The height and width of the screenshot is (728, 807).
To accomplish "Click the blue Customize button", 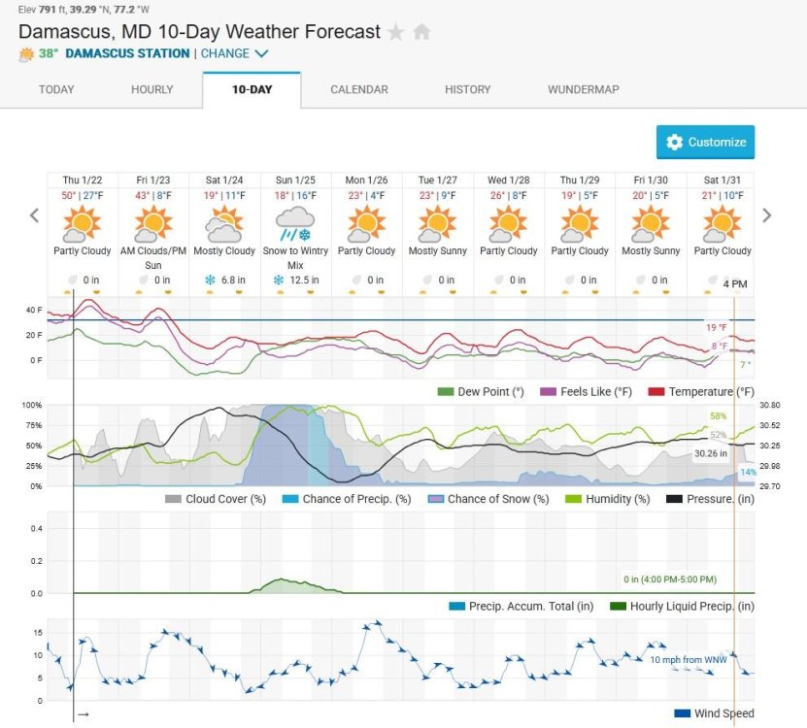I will (x=705, y=142).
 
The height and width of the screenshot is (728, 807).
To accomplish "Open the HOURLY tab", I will (x=151, y=89).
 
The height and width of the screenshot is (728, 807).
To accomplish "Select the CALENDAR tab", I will (x=358, y=89).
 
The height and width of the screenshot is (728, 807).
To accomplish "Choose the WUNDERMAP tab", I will (x=583, y=89).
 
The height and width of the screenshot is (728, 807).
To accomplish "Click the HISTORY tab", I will (x=467, y=89).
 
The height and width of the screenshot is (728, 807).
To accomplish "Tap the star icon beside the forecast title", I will (x=395, y=32).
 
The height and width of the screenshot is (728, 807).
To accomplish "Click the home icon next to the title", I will (x=421, y=32).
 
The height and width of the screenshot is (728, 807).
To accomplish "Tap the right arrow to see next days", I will (x=767, y=215).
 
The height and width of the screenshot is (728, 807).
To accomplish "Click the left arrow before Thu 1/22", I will (x=34, y=215).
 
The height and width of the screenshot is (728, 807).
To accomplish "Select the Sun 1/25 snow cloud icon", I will (x=295, y=224).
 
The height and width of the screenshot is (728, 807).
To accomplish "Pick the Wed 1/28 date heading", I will (x=509, y=181).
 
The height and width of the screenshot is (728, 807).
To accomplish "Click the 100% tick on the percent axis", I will (x=32, y=405).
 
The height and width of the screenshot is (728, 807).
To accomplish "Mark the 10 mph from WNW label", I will (x=687, y=659).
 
